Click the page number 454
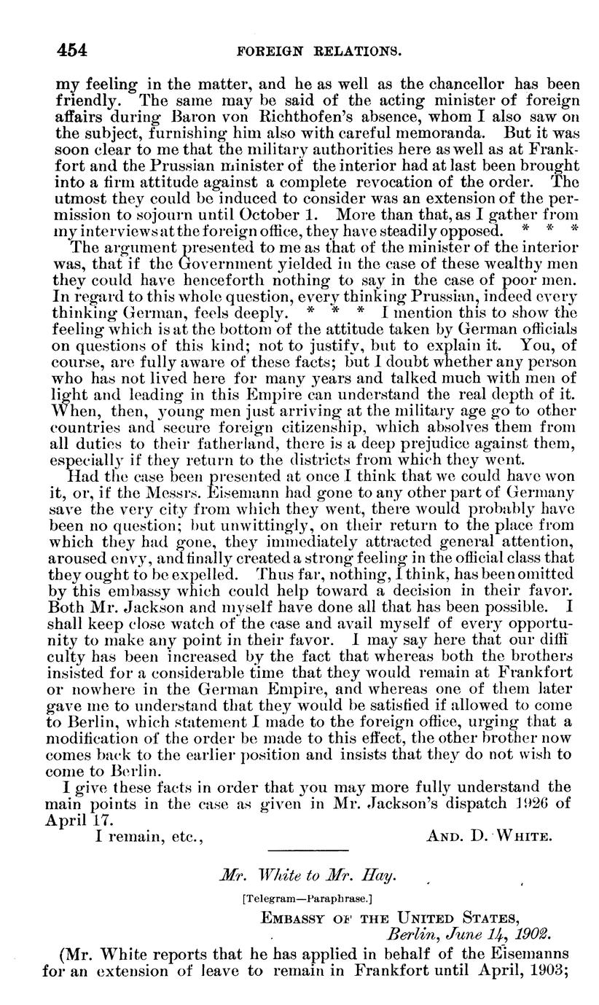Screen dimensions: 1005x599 (72, 51)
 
